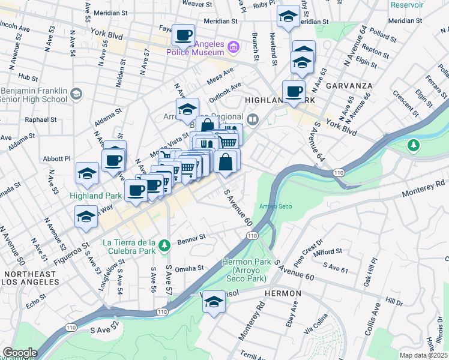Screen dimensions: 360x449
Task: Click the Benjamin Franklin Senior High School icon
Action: click(x=76, y=94)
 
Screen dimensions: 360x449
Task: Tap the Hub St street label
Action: click(x=28, y=77)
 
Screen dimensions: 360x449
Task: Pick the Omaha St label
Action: click(x=190, y=268)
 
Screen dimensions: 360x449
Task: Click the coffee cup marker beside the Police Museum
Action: click(x=183, y=35)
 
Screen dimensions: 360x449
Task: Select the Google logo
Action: click(x=19, y=353)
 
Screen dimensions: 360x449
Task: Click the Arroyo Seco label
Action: click(x=276, y=207)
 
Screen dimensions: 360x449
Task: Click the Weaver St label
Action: click(x=193, y=4)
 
